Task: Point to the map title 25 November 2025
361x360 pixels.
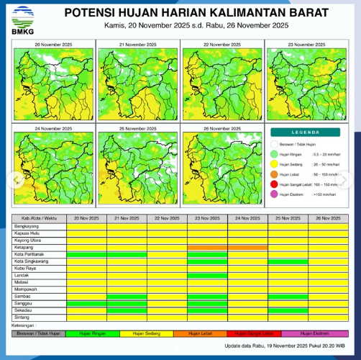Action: [138, 128]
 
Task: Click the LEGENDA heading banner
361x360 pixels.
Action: [306, 132]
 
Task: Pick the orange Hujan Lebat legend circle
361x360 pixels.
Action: [273, 174]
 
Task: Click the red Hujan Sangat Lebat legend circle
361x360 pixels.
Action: [273, 184]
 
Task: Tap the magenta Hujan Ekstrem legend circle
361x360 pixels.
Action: [273, 194]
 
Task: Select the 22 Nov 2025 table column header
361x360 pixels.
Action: [167, 218]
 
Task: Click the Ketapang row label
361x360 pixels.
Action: [23, 247]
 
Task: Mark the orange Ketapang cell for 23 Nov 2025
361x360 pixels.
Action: [207, 247]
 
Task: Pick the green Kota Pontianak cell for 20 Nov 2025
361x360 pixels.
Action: [86, 254]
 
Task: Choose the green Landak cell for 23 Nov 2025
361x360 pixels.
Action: [207, 275]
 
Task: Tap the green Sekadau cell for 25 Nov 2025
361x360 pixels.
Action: [288, 310]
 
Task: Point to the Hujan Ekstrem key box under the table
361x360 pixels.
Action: [315, 333]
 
